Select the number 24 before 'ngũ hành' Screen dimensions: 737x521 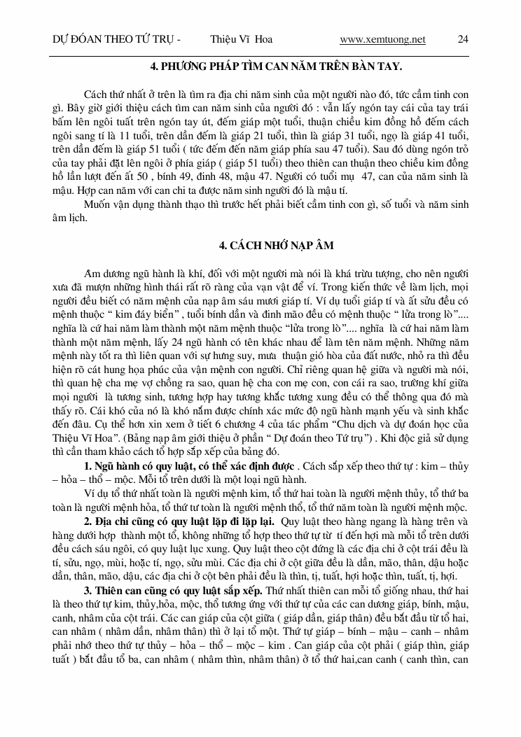(x=188, y=348)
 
